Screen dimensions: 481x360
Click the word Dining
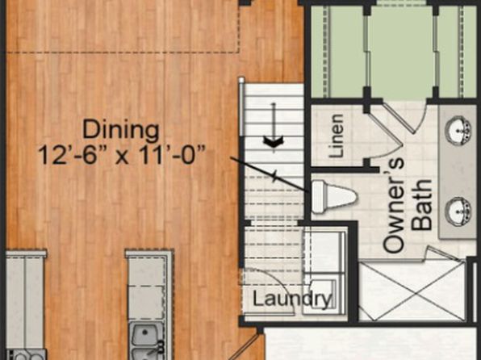(121, 131)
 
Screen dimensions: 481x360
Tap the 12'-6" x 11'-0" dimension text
(122, 155)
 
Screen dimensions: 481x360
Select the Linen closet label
(336, 136)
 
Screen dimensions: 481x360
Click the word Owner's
(394, 205)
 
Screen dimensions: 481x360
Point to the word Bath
(422, 205)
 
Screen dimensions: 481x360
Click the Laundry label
(292, 299)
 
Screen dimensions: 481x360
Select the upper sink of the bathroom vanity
(458, 130)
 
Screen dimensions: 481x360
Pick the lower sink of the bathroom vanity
(458, 211)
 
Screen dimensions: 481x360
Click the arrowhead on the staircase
(274, 141)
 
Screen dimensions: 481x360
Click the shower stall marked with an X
(412, 290)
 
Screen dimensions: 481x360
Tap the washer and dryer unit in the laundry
(325, 271)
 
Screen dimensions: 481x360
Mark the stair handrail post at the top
(241, 81)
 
